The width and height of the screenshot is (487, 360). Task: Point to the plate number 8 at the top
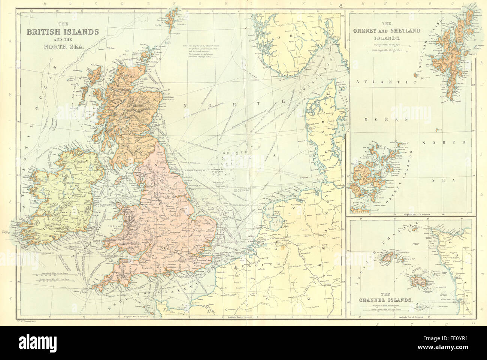[x=340, y=5]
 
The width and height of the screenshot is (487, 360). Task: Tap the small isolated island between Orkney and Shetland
[x=439, y=130]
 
